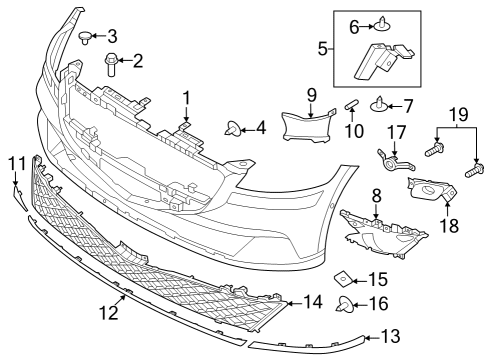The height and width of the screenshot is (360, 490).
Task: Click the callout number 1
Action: pyautogui.click(x=186, y=97)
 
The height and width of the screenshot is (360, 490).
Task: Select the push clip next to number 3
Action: pyautogui.click(x=84, y=37)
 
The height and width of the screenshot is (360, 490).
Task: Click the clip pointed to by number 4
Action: pyautogui.click(x=234, y=128)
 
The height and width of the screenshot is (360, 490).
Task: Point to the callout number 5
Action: pyautogui.click(x=322, y=47)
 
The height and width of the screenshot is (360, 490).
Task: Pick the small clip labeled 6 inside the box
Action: pyautogui.click(x=381, y=24)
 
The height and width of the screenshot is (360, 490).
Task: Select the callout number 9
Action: pyautogui.click(x=311, y=95)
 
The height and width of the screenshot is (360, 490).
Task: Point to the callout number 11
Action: pyautogui.click(x=16, y=163)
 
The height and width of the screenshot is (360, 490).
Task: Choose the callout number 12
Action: pyautogui.click(x=109, y=313)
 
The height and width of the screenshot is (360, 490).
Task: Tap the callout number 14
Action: pyautogui.click(x=313, y=301)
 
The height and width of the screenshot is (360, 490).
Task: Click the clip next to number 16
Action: pyautogui.click(x=344, y=305)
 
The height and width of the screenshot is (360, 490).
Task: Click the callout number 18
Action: pyautogui.click(x=449, y=226)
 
